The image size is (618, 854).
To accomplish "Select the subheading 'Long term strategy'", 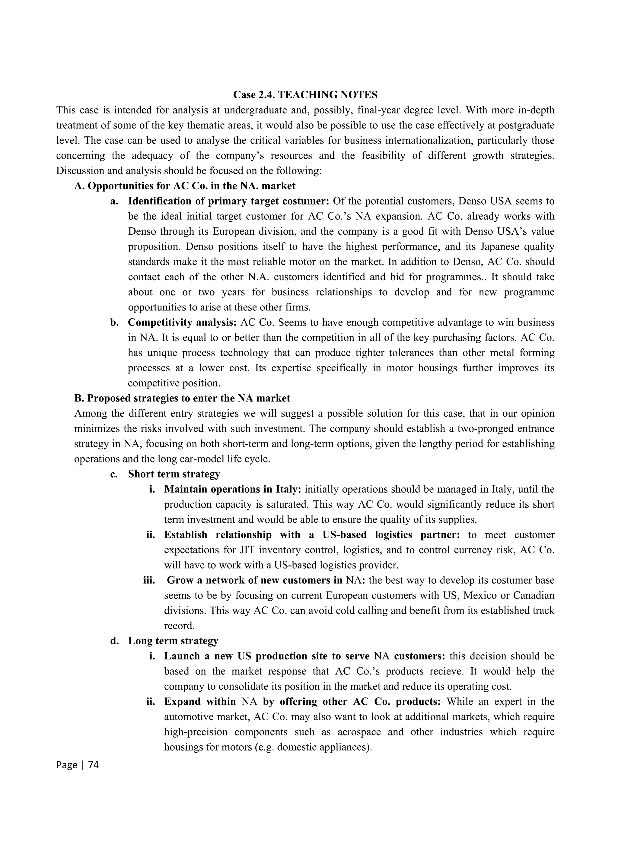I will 173,641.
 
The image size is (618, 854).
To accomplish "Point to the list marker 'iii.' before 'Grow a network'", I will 149,580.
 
